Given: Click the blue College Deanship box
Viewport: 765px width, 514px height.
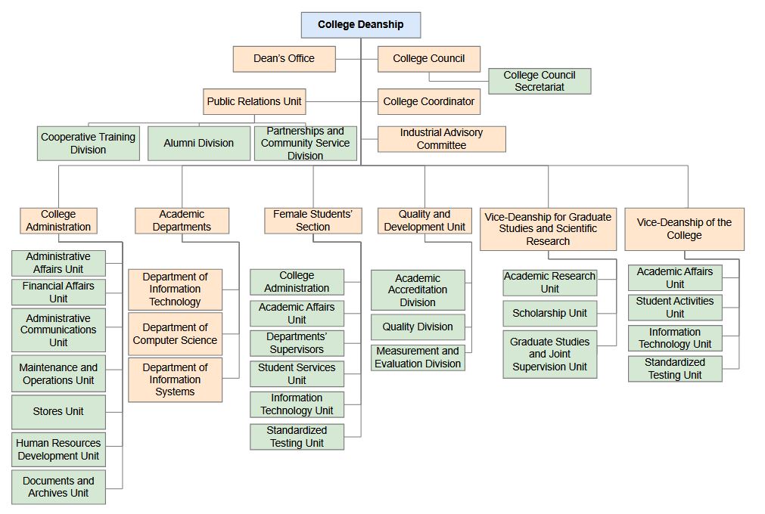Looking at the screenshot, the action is [x=360, y=25].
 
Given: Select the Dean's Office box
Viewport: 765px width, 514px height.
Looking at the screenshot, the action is [x=284, y=59].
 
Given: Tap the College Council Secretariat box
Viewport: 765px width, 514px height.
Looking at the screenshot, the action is [x=540, y=81].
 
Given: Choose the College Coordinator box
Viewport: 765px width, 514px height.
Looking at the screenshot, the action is [x=429, y=101].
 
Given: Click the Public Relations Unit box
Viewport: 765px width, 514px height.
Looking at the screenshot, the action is [x=254, y=101].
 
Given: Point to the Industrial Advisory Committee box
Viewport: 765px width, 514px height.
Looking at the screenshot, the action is [x=442, y=139].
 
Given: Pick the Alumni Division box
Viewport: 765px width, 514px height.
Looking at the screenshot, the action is [x=198, y=143].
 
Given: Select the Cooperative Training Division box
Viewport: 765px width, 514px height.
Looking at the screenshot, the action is [x=89, y=143].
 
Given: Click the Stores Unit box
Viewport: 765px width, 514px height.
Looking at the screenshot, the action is [x=58, y=412].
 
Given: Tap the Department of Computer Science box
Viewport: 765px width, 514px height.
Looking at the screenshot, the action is [x=175, y=334].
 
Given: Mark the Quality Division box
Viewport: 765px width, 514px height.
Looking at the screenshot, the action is [x=418, y=327].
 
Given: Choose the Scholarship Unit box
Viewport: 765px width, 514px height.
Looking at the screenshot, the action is [x=550, y=313].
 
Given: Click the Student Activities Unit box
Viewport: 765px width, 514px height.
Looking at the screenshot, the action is [x=675, y=308].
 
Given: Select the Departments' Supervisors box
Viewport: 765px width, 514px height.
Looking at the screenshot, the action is [x=297, y=343].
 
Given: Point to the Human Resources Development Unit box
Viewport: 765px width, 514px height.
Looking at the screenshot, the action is [x=58, y=450].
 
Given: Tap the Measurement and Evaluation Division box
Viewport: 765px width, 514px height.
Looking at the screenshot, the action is [x=418, y=358].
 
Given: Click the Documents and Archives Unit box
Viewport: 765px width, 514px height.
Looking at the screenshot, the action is [x=58, y=487].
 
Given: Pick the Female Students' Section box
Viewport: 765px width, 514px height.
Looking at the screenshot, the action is [x=313, y=221].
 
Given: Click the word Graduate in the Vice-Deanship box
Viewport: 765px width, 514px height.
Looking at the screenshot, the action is [x=589, y=217].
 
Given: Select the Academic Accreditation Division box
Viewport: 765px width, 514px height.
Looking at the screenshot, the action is [x=418, y=290].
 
